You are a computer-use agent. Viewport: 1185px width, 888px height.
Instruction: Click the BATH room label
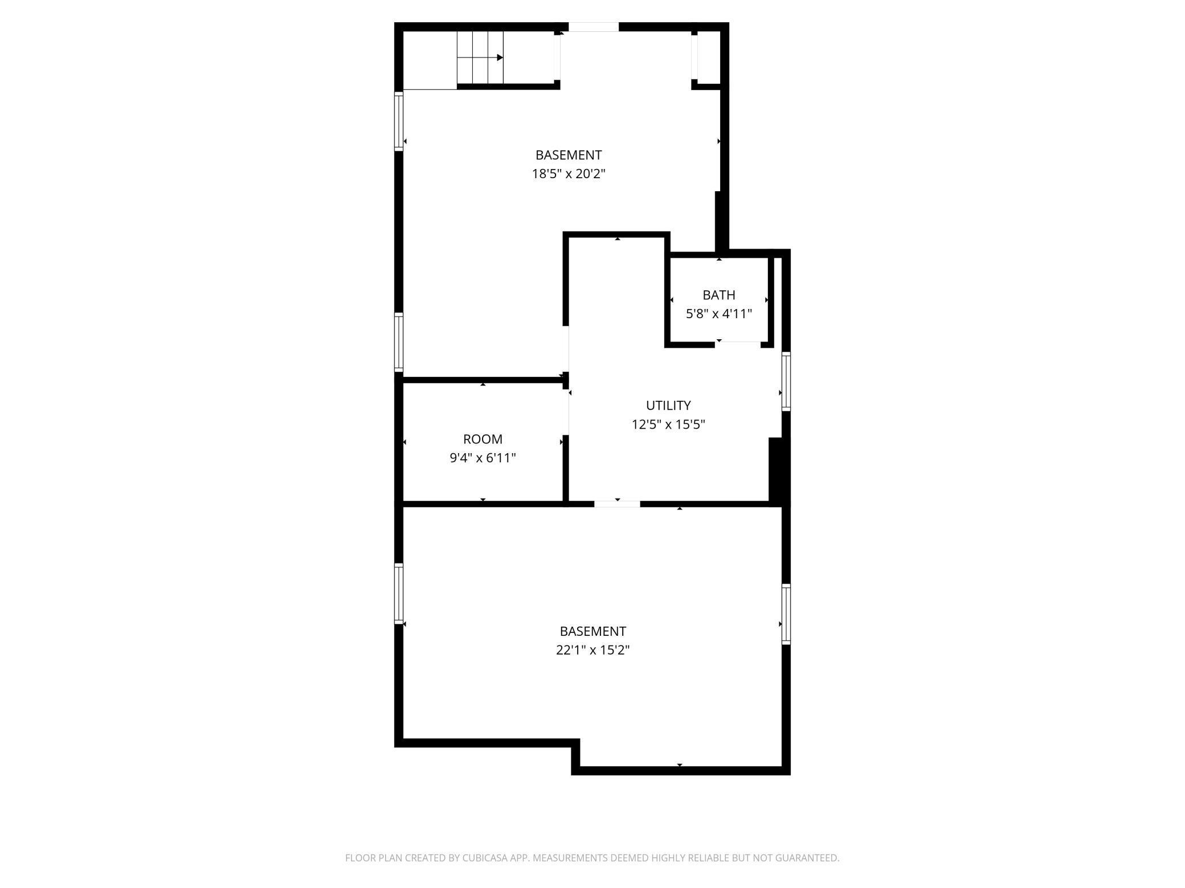pos(718,295)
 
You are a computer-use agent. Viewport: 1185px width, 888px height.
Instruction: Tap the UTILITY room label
pos(668,405)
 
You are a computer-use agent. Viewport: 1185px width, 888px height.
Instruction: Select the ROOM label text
pos(483,439)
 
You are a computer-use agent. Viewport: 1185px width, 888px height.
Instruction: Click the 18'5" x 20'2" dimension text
pos(568,174)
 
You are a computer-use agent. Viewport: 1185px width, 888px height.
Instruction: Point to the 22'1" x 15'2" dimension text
pos(592,649)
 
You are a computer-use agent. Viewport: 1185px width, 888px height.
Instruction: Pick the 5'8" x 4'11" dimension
pos(718,314)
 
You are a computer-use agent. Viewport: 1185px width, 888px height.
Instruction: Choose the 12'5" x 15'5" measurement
pos(668,424)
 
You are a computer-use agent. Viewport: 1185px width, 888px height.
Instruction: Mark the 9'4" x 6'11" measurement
pos(483,458)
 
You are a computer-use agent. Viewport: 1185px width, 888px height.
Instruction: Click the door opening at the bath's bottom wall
pos(739,343)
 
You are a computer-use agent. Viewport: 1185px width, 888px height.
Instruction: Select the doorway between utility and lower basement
pos(617,503)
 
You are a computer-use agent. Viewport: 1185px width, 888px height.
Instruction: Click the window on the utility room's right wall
pos(786,381)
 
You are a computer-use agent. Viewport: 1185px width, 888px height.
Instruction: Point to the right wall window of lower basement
pos(786,614)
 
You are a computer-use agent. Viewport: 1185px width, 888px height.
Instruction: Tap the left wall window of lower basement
pos(399,593)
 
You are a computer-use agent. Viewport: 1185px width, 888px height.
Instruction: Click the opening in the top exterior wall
pos(593,27)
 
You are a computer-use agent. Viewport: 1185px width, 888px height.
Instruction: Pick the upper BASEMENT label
pos(568,155)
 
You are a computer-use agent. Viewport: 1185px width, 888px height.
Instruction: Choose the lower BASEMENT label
pos(592,631)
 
